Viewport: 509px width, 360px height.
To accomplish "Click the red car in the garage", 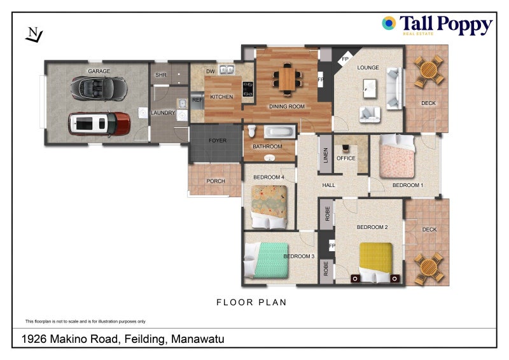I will click(99, 123).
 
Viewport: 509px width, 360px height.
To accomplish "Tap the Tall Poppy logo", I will click(437, 25).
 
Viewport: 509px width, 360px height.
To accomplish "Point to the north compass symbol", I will click(33, 34).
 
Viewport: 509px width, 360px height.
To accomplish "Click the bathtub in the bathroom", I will click(279, 132).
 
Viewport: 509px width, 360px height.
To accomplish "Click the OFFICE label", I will click(346, 158).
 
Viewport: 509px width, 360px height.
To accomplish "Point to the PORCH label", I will click(216, 181).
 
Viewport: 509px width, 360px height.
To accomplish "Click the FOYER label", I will click(218, 141).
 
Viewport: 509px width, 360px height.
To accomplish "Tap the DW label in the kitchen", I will click(210, 71).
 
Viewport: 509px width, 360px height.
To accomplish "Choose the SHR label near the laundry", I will click(161, 74).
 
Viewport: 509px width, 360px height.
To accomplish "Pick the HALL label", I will click(329, 185).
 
